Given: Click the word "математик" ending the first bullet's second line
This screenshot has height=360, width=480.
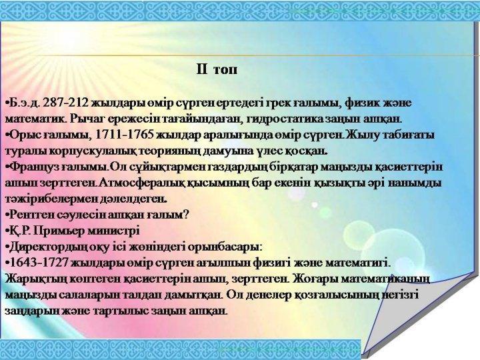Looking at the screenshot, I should coord(30,119).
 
